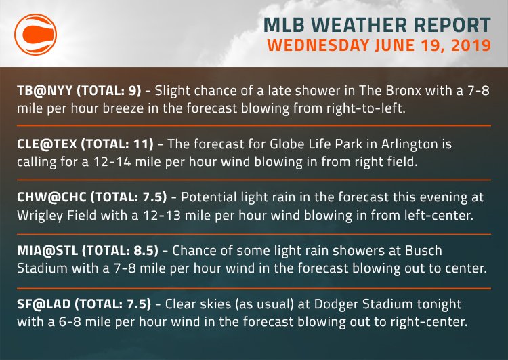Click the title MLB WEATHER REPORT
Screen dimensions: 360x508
(379, 26)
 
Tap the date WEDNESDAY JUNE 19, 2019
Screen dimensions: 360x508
(379, 47)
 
